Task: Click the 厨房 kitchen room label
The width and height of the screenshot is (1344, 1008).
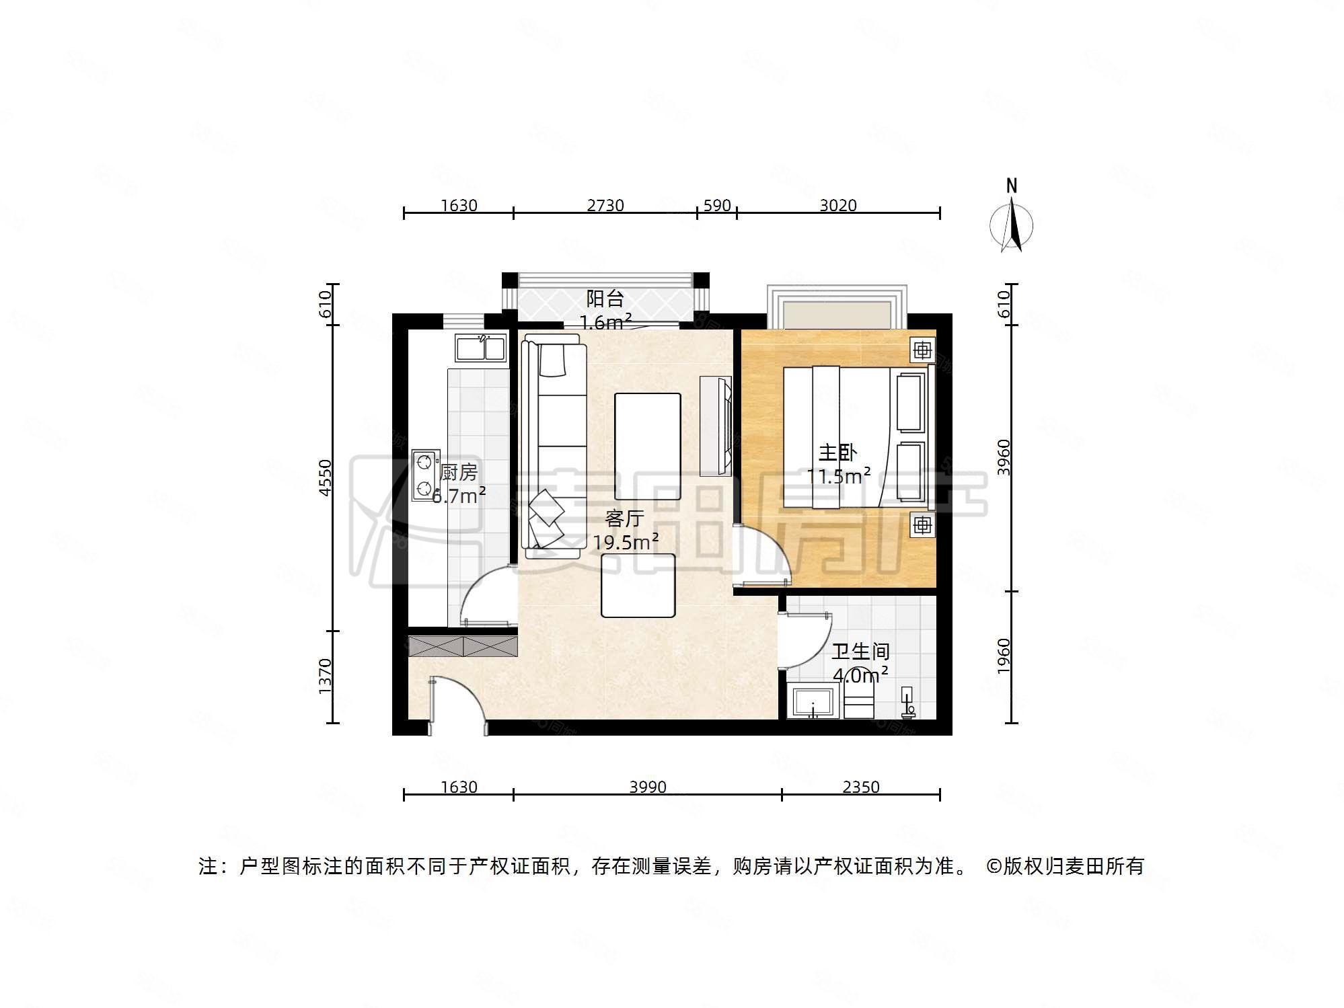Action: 459,472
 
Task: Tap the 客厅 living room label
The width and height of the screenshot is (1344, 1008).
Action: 624,518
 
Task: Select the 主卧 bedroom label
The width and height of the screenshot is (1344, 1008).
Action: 837,453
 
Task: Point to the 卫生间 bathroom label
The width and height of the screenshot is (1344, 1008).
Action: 860,651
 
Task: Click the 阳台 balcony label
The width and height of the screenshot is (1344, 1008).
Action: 605,298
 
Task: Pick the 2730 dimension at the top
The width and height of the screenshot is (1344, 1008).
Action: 605,205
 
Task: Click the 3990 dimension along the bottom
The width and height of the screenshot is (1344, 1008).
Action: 648,787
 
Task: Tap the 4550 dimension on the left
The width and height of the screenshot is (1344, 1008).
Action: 326,477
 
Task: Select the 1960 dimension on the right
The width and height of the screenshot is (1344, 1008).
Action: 1004,656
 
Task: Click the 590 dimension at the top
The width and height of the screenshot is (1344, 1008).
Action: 717,205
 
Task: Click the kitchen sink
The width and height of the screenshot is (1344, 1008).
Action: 480,348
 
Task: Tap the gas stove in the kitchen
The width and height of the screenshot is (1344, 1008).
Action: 425,475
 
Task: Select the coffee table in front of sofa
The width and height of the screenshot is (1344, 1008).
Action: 647,446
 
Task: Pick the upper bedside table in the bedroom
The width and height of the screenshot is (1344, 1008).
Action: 922,350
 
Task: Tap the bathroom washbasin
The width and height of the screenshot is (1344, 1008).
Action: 813,702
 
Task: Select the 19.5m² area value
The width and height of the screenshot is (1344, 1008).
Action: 626,542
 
